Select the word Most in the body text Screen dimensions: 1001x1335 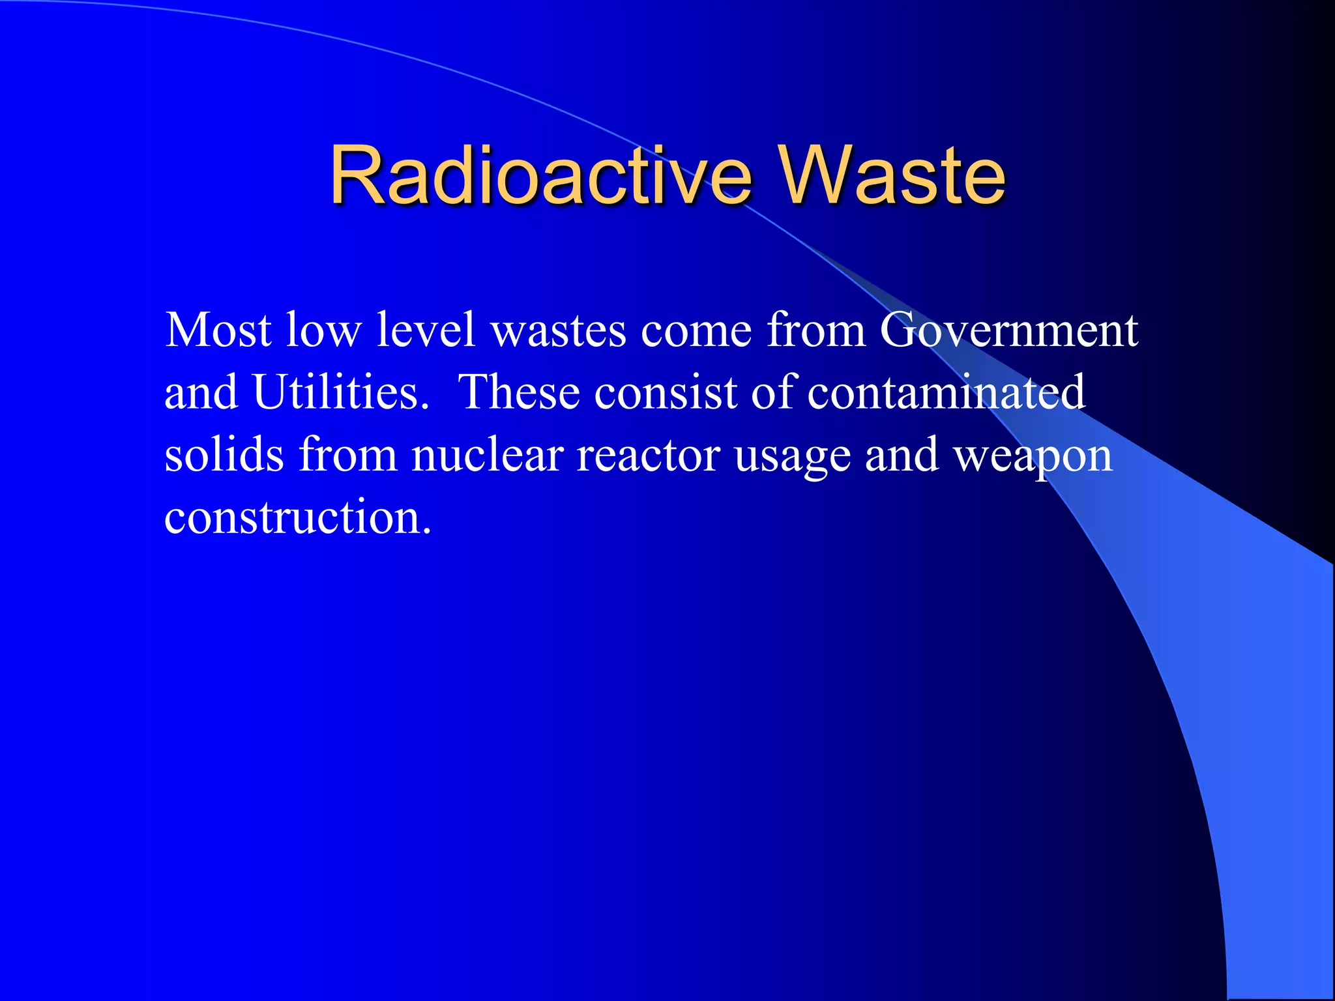coord(218,330)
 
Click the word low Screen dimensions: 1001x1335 coord(323,330)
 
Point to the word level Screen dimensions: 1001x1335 coord(426,330)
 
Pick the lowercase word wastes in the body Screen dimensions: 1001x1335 coord(558,331)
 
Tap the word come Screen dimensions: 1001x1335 coord(696,331)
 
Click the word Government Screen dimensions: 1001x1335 coord(1008,330)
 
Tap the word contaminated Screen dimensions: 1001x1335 coord(946,392)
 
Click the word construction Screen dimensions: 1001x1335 coord(297,517)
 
